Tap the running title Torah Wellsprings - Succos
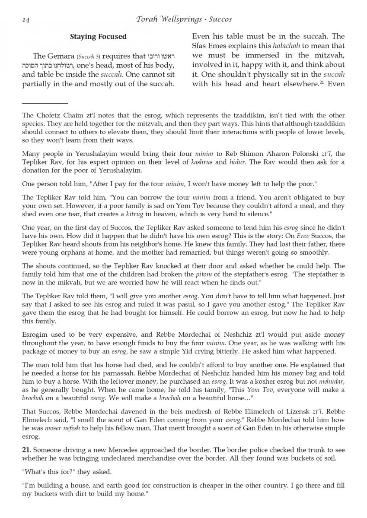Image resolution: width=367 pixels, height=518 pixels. coord(183,19)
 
